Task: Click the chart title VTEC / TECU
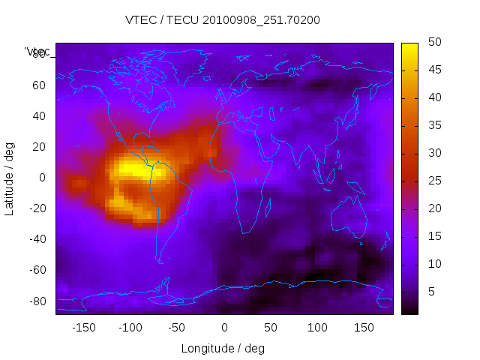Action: click(223, 20)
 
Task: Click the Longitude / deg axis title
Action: click(223, 348)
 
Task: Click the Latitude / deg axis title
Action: click(10, 178)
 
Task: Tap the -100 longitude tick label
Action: click(130, 327)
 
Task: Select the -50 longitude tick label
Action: click(178, 327)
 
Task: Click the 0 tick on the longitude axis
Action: click(224, 327)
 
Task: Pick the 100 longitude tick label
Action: click(317, 327)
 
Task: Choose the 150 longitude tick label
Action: click(364, 327)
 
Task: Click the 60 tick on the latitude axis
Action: click(39, 85)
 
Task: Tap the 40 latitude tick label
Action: click(39, 115)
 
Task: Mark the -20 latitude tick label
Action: click(36, 208)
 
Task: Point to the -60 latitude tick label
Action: click(36, 270)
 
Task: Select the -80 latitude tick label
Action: click(36, 301)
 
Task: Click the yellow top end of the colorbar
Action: click(409, 47)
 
